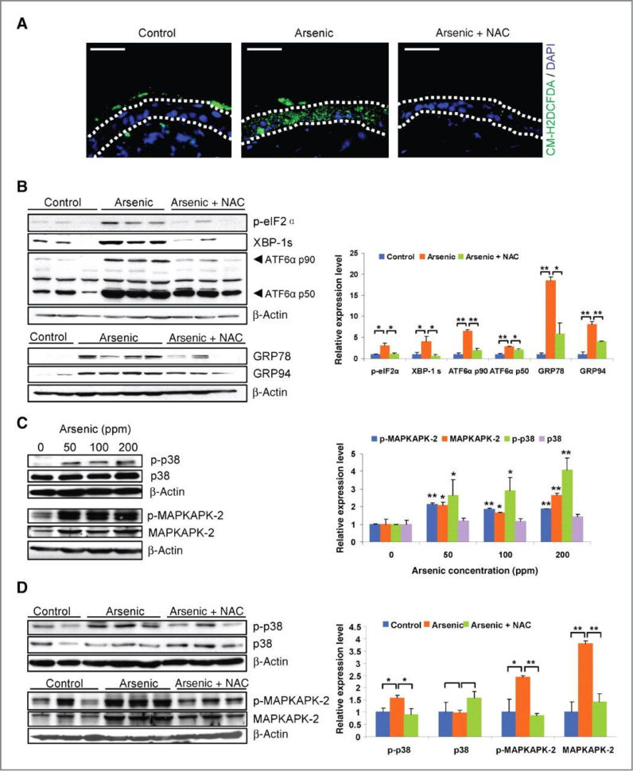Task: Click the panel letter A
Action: [23, 23]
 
